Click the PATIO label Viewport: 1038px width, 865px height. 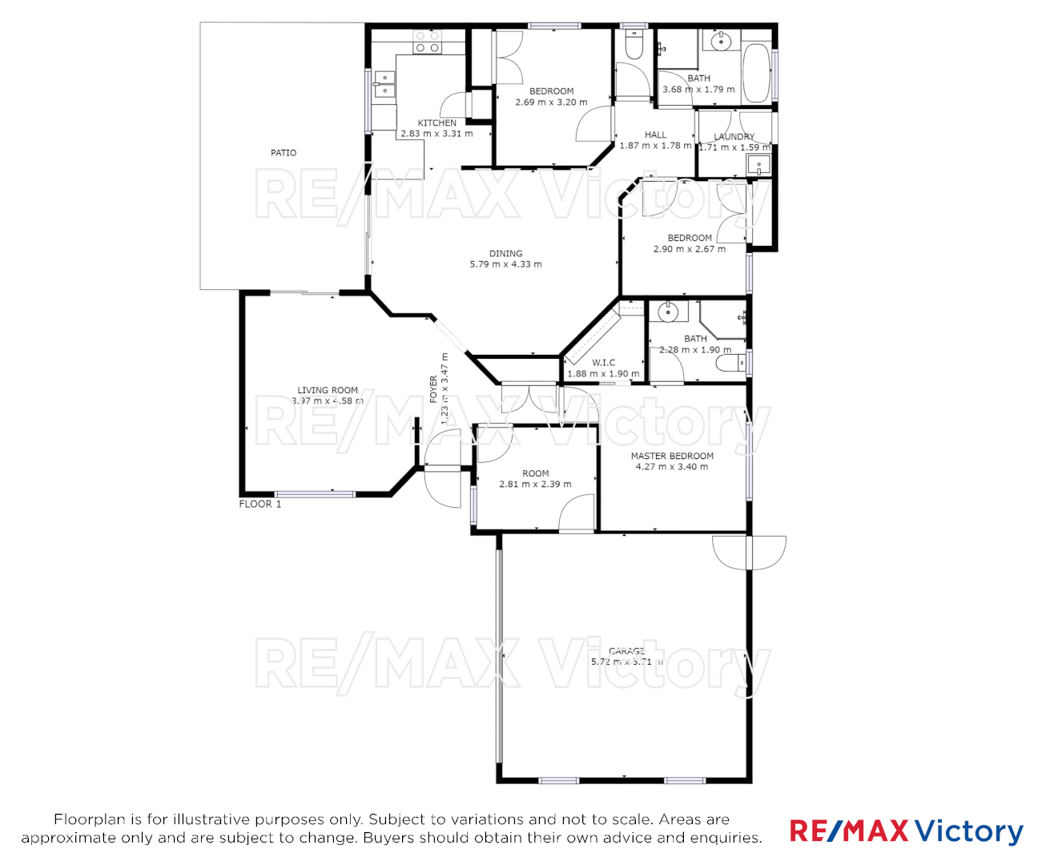284,152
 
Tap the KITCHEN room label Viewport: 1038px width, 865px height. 437,123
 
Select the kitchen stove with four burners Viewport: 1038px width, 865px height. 427,42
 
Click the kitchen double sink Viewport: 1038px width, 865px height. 384,84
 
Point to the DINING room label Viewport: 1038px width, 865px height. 505,253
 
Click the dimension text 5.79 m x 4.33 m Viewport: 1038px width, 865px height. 505,264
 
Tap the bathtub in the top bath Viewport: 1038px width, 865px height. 756,73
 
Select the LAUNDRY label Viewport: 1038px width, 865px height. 734,137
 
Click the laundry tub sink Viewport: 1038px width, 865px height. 757,165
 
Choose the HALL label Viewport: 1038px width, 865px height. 655,135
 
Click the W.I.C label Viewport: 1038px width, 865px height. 603,363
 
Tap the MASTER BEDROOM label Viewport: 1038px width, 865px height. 672,456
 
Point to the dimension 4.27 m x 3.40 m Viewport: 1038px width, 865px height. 672,467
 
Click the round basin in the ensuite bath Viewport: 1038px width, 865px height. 667,311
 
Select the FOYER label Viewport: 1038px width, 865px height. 434,389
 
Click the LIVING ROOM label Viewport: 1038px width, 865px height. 328,390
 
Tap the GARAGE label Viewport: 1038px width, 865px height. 626,651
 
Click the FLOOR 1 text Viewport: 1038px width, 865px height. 260,504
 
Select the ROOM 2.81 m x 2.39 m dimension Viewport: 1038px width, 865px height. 535,485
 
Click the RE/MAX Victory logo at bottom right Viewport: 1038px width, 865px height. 906,831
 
